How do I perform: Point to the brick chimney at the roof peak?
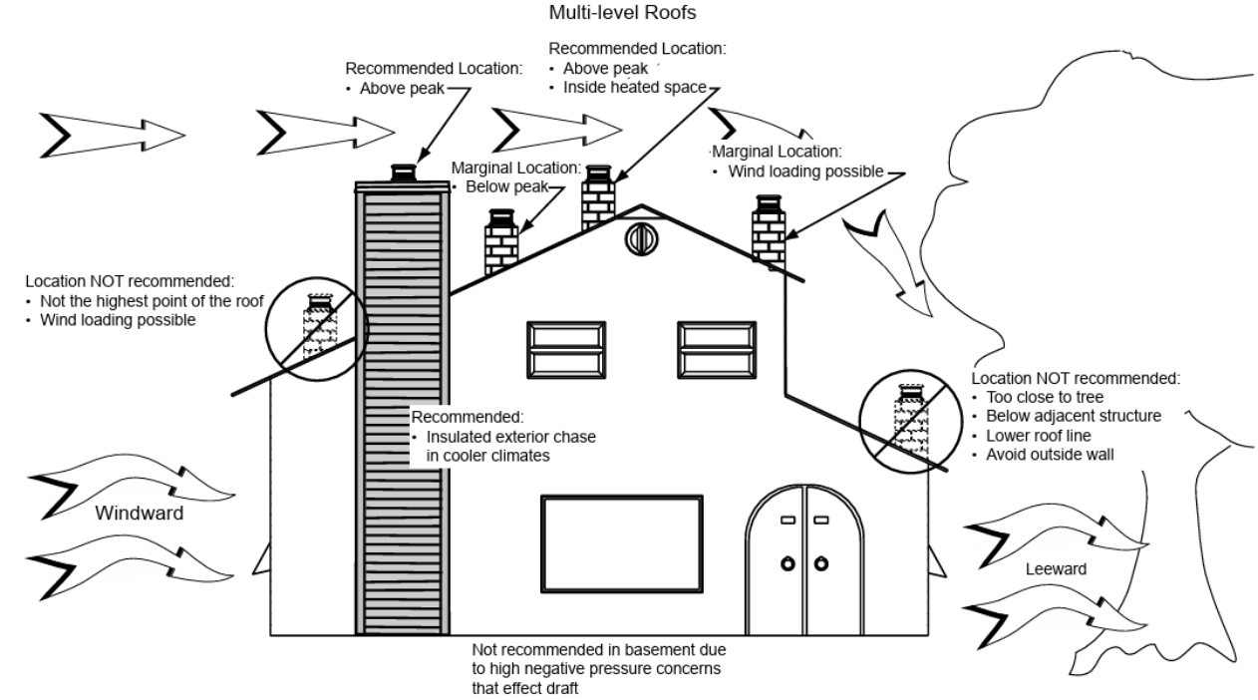coord(598,199)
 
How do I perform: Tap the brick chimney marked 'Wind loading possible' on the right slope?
coord(769,230)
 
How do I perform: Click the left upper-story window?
coord(566,349)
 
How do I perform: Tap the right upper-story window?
coord(717,349)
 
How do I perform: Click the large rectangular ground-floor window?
coord(622,543)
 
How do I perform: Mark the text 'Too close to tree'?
coord(1042,397)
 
